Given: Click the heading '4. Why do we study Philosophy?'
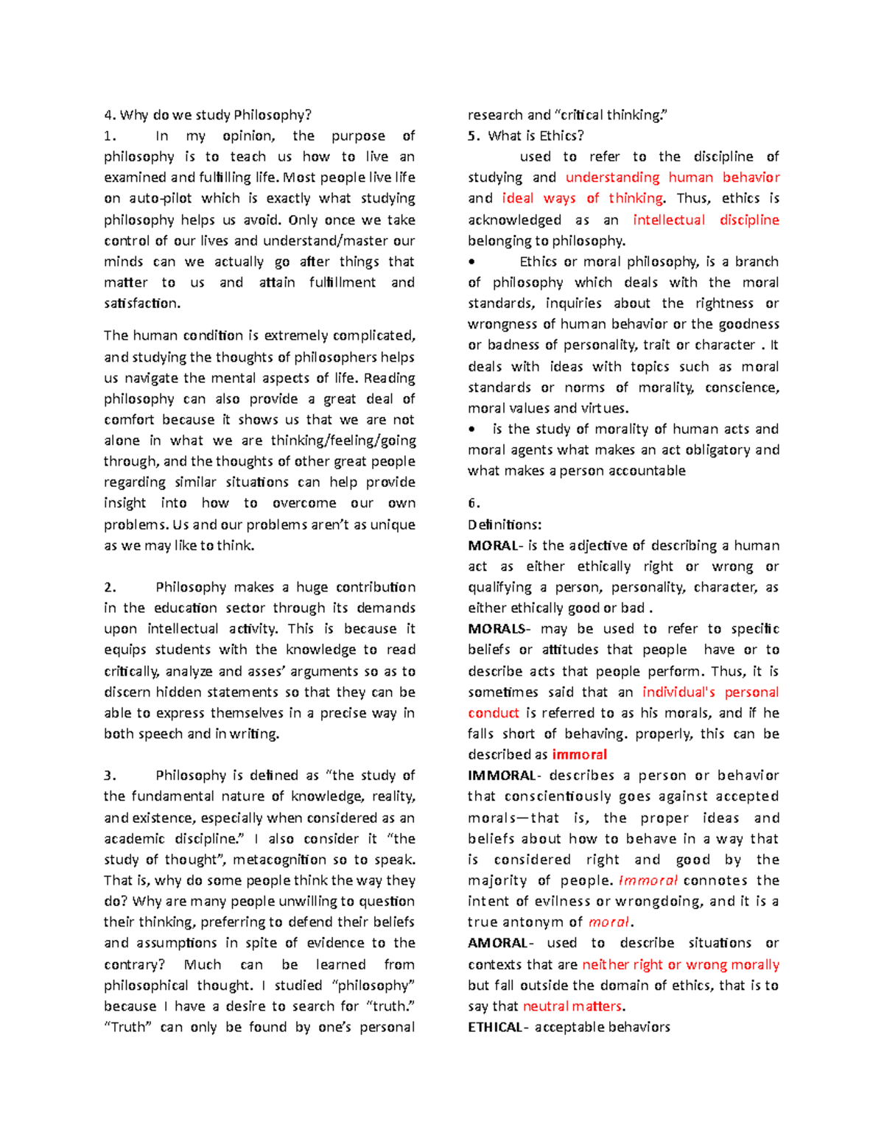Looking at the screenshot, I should (x=208, y=115).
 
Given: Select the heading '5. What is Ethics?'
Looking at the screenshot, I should (x=526, y=136).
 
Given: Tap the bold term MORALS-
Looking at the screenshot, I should (x=498, y=629).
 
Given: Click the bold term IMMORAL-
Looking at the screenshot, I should (x=504, y=776).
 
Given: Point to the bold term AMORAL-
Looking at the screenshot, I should (x=499, y=943).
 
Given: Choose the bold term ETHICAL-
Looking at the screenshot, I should (x=497, y=1027).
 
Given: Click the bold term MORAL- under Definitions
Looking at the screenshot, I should (x=495, y=546).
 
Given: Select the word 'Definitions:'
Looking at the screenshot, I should (x=505, y=525).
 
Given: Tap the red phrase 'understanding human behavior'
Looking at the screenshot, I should (x=672, y=178).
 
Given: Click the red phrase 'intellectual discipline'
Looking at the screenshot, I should (x=705, y=220).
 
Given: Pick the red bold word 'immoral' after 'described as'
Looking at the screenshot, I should (x=579, y=755).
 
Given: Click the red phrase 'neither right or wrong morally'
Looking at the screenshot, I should (x=680, y=964).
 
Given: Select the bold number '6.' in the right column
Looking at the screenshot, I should (x=474, y=504).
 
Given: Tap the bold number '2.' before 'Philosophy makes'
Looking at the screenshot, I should (x=110, y=587).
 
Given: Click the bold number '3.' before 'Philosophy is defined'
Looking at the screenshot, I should (x=110, y=776).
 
